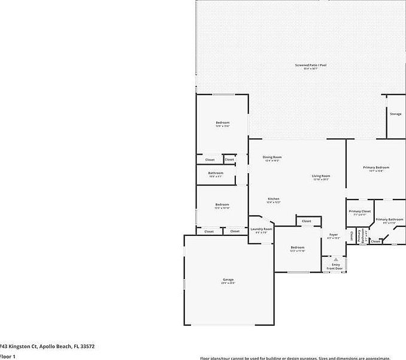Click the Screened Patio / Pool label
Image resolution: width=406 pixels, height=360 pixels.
310,65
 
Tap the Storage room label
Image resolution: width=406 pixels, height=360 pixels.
395,114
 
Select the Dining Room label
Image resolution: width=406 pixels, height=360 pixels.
272,158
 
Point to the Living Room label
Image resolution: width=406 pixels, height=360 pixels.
321,177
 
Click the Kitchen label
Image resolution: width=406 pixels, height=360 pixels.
273,199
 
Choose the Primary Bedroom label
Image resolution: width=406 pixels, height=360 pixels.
376,168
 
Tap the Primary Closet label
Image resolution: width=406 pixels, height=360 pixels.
360,212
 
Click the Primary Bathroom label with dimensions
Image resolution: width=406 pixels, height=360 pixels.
389,220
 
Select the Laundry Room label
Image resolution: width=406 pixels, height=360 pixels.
261,229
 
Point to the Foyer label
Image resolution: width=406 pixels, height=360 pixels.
334,235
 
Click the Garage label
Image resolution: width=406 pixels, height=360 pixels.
228,280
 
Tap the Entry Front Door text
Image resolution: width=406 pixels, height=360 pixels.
335,266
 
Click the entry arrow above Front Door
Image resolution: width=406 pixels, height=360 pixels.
335,259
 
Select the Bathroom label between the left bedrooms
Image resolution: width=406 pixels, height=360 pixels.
216,174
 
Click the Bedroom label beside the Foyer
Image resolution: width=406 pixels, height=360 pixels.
298,248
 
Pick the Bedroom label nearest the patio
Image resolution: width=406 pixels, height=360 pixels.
222,123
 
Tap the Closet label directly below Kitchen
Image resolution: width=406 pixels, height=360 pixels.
306,222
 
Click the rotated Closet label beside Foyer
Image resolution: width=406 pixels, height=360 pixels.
352,236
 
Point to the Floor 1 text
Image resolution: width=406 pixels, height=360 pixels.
7,356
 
